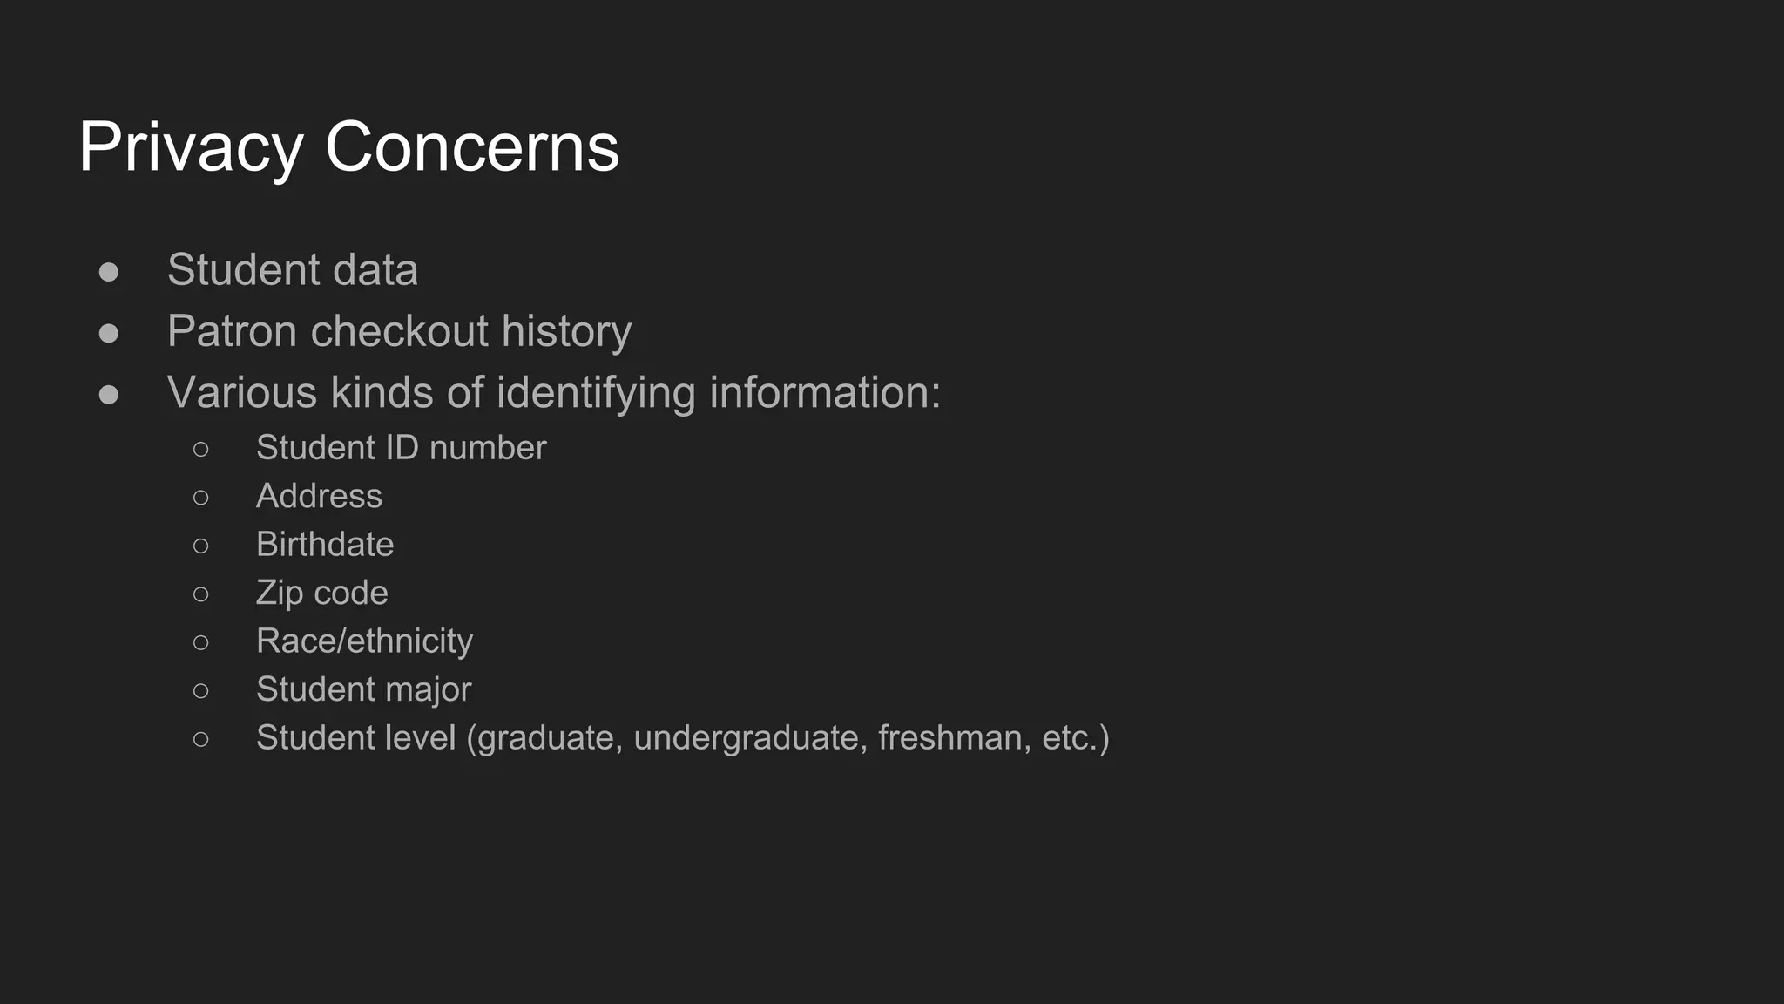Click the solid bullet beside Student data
109,272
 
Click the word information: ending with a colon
825,393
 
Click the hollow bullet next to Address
201,498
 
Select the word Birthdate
325,545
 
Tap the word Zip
279,594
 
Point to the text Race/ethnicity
364,641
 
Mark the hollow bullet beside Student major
201,691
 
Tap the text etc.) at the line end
1076,738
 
